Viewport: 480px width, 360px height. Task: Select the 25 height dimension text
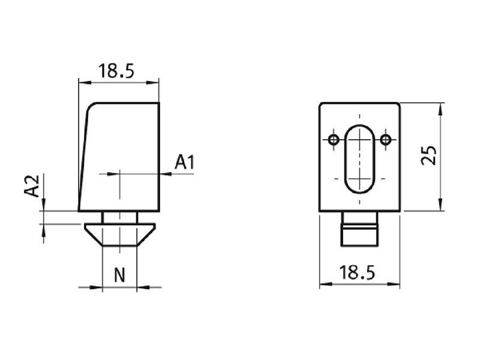click(x=428, y=155)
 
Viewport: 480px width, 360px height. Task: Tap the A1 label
click(x=185, y=162)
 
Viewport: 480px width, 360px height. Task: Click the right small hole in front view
click(x=386, y=140)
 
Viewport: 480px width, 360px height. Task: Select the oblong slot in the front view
click(x=359, y=160)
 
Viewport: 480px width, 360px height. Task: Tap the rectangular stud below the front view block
click(x=360, y=229)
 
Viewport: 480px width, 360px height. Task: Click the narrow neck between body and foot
click(x=119, y=217)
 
